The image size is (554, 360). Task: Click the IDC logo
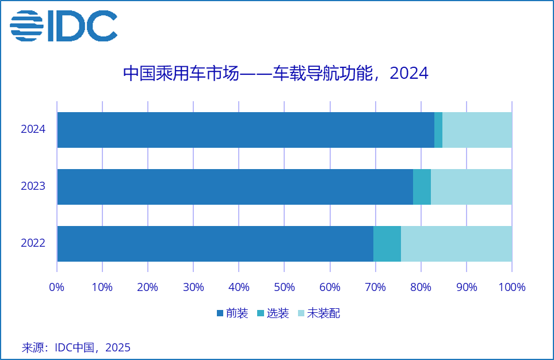point(63,26)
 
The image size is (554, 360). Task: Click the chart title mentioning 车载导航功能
point(276,74)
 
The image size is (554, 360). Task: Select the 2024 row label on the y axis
point(33,129)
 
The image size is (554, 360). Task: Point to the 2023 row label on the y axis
point(33,186)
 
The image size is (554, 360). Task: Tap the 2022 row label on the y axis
point(33,243)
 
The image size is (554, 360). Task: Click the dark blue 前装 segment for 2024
point(246,129)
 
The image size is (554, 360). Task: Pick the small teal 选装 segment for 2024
point(438,129)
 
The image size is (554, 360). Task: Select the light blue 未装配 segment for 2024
point(477,129)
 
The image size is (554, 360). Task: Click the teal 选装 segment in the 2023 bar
point(422,186)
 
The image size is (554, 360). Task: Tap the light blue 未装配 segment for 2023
point(471,186)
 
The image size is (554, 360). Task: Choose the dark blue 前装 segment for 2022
point(215,243)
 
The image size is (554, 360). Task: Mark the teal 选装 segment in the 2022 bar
point(387,243)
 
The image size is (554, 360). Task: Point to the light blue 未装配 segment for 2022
point(456,243)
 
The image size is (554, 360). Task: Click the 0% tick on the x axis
point(56,287)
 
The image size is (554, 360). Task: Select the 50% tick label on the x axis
point(284,287)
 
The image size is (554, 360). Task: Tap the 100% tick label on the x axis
point(511,287)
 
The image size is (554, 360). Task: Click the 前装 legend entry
point(233,313)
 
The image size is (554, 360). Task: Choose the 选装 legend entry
point(273,313)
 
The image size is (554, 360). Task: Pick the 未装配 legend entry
point(318,313)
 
